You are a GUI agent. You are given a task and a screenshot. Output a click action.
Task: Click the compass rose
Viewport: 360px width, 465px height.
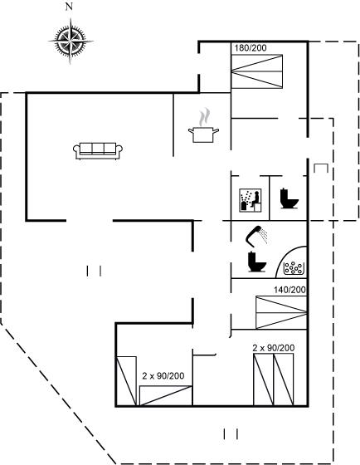[x=71, y=42]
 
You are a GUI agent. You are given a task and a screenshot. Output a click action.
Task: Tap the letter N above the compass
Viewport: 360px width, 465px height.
[x=69, y=7]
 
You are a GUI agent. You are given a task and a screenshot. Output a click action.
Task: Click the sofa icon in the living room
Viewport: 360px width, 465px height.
[x=98, y=151]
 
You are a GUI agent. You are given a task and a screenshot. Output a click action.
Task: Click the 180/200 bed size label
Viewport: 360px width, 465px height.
[x=251, y=48]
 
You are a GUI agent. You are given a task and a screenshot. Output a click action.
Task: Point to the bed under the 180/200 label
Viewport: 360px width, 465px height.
[x=257, y=71]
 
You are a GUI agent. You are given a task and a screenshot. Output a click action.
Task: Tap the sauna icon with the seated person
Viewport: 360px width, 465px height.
[x=251, y=200]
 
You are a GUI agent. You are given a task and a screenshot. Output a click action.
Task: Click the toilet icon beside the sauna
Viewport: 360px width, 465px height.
[x=289, y=198]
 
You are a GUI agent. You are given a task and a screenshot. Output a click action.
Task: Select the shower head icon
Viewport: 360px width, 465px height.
[x=256, y=237]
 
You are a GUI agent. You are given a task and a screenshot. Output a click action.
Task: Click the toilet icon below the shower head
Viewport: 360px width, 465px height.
[x=257, y=262]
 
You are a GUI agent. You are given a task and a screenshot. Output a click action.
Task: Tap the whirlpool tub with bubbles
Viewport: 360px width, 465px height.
[x=291, y=262]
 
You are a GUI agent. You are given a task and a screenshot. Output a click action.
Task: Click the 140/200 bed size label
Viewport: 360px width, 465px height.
[x=289, y=290]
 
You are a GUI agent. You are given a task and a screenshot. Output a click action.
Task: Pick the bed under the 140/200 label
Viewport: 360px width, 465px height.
[x=281, y=312]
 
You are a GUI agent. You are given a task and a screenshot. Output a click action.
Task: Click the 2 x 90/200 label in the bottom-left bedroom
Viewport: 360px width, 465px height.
[x=163, y=376]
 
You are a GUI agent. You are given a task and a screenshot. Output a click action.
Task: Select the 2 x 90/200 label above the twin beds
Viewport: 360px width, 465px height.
[x=274, y=348]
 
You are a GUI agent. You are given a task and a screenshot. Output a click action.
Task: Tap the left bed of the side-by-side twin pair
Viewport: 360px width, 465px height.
[x=263, y=379]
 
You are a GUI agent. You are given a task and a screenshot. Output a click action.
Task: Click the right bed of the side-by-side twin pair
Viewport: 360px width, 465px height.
[x=283, y=379]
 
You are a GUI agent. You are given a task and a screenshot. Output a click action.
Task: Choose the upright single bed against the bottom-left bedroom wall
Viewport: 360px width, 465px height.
[x=127, y=381]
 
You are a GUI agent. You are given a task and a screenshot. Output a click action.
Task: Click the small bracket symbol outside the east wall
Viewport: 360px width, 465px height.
[x=321, y=168]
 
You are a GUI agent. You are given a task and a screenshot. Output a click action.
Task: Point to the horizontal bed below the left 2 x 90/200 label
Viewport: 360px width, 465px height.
[x=166, y=395]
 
